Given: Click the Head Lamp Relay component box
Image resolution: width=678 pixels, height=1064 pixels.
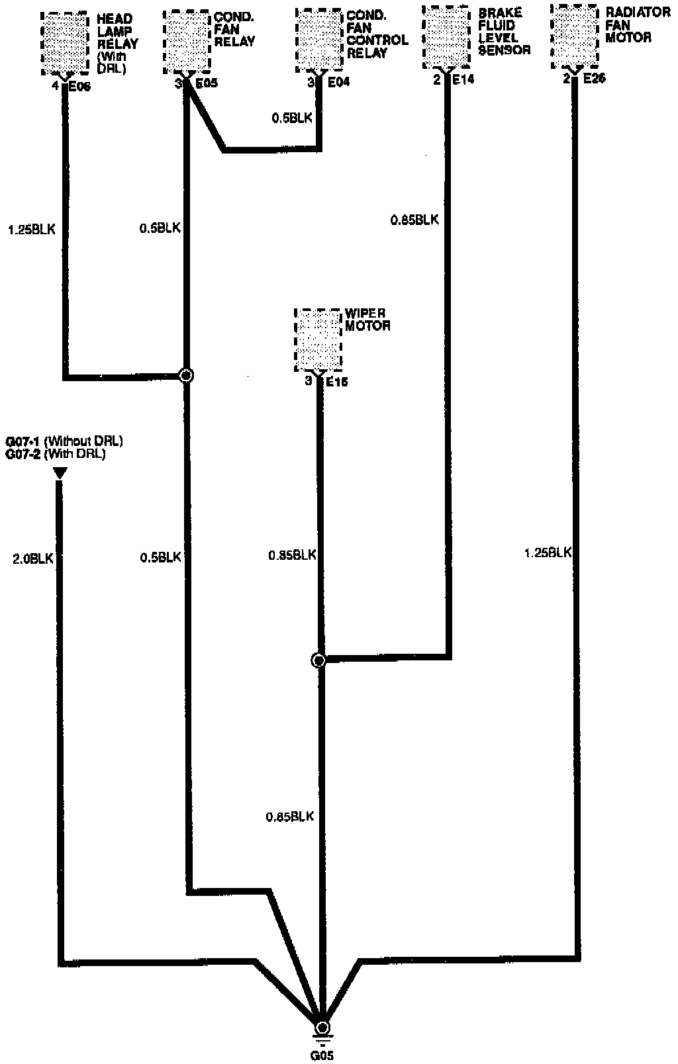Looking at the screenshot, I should click(65, 43).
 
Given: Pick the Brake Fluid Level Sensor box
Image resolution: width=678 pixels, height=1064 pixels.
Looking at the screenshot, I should click(447, 37).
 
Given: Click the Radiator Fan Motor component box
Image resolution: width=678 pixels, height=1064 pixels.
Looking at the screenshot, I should click(575, 36).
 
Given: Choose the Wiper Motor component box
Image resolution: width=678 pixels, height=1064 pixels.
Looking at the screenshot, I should click(318, 339).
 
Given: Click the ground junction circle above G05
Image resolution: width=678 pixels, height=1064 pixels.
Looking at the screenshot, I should click(322, 1027).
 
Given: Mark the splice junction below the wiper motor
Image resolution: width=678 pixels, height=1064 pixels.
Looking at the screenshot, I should click(318, 660).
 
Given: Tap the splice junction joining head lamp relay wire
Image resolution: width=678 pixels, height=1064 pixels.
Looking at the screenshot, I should click(187, 376).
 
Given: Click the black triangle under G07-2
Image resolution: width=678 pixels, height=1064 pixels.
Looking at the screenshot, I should click(60, 472).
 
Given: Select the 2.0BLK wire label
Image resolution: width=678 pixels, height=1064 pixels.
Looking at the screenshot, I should click(32, 558).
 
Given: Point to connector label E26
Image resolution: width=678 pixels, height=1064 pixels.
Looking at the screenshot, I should click(593, 79).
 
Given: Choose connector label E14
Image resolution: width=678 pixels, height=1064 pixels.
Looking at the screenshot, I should click(463, 80).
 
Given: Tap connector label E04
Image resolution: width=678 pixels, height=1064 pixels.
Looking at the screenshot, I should click(338, 83).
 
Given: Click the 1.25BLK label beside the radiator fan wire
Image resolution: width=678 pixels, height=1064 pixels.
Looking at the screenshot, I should click(547, 553).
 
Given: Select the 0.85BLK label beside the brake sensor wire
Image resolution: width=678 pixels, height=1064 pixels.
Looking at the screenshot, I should click(414, 220).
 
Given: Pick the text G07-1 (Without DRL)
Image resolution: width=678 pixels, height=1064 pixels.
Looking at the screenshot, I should click(64, 441).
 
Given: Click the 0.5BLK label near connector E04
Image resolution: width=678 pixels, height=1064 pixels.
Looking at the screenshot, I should click(291, 118).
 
